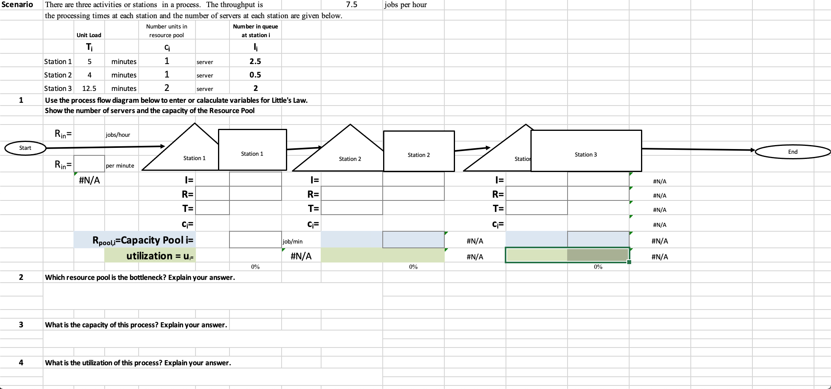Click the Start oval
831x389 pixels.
(25, 148)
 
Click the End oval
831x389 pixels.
(792, 152)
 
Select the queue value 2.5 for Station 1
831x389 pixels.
(255, 61)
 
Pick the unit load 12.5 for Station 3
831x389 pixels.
(89, 89)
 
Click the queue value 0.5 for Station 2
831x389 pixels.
(255, 75)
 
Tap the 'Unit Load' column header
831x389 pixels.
(89, 35)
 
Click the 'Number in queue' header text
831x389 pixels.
(255, 26)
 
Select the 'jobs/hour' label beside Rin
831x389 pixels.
(118, 135)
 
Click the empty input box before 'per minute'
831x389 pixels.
(89, 164)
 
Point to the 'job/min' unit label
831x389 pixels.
(293, 241)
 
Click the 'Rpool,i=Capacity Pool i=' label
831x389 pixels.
(143, 240)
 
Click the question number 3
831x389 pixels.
(21, 325)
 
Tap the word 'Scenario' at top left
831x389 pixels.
(17, 5)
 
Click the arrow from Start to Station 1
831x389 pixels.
(105, 147)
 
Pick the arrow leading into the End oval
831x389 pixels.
(699, 149)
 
